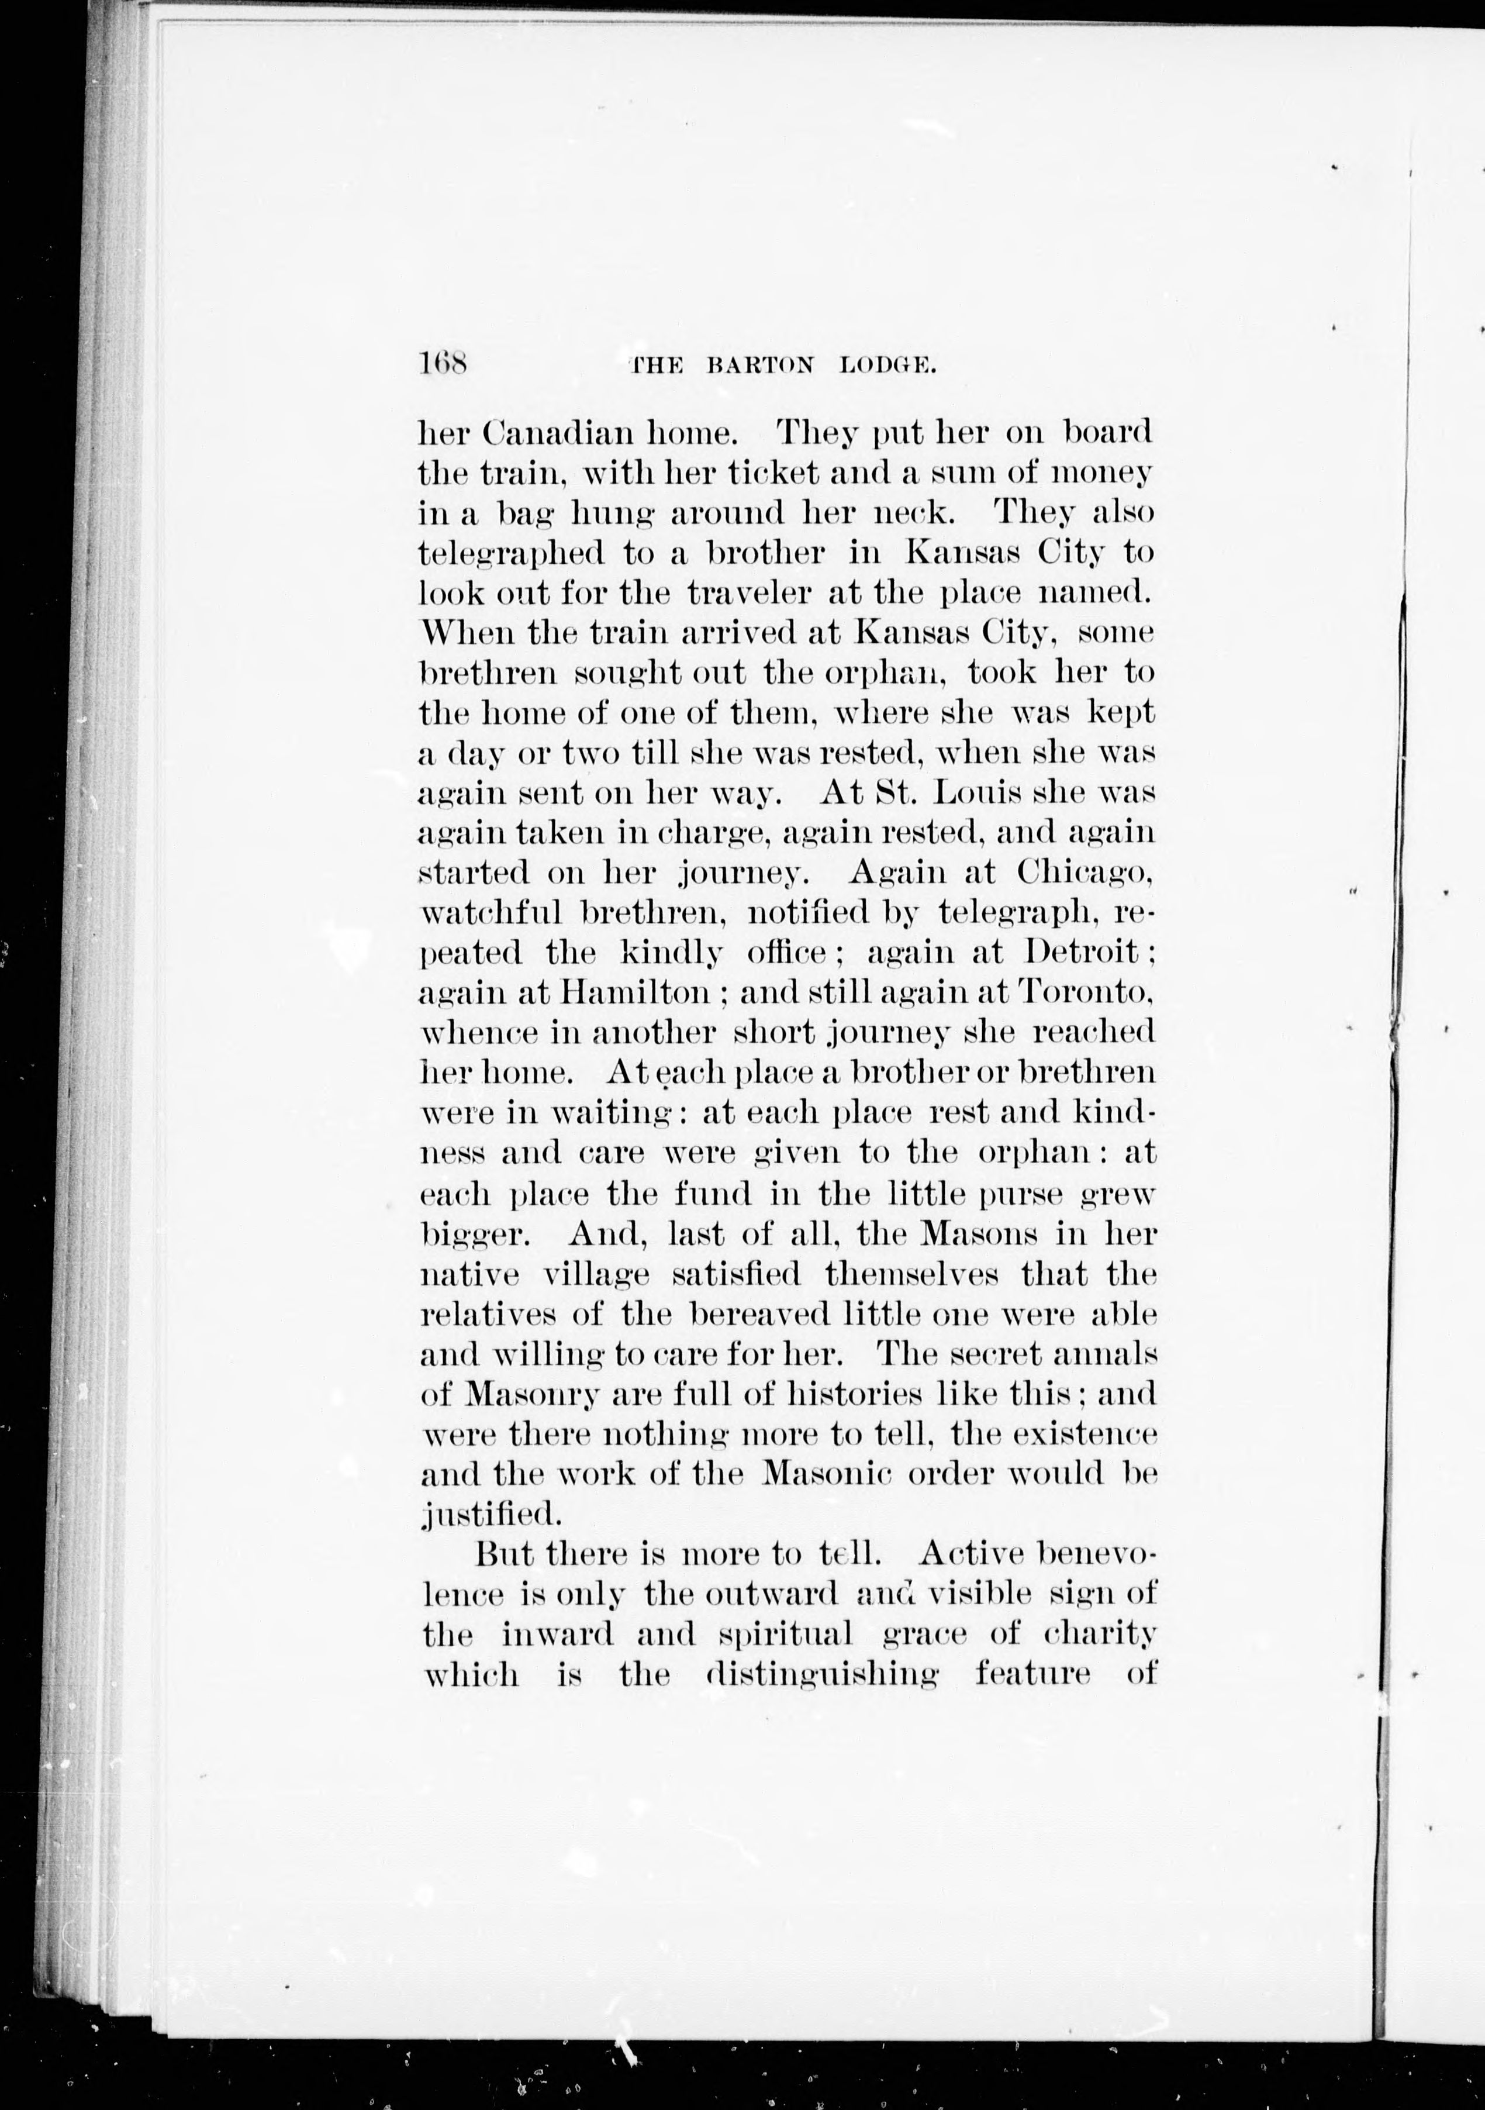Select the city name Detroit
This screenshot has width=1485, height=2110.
pos(1085,952)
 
